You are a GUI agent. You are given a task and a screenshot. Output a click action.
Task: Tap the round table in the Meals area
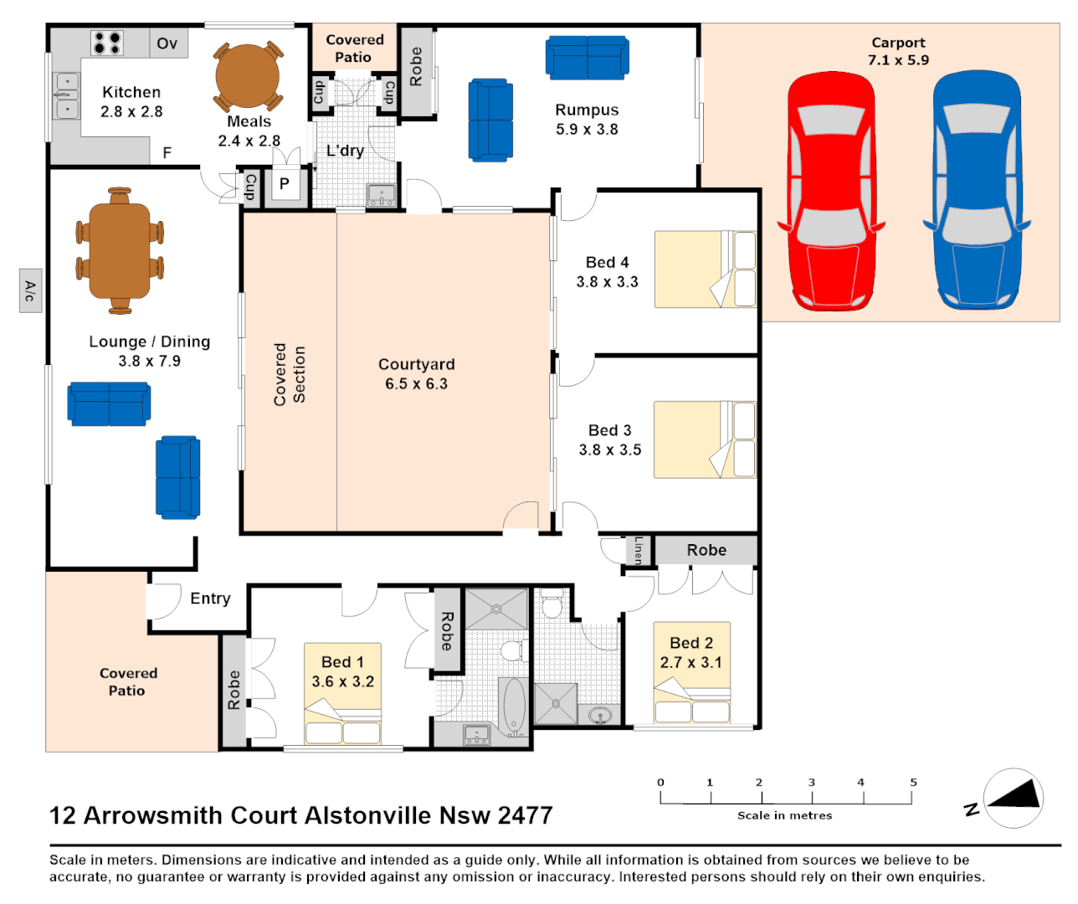pos(248,75)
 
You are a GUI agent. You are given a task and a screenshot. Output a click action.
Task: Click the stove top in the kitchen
pos(107,43)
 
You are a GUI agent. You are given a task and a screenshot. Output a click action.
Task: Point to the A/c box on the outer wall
pos(30,291)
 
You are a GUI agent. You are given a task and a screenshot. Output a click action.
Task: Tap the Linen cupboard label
pos(639,550)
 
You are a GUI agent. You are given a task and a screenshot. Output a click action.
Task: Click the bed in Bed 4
pos(705,270)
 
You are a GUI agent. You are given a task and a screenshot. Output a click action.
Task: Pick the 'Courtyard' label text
pos(416,364)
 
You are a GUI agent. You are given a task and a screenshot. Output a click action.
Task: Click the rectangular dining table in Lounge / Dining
pos(120,250)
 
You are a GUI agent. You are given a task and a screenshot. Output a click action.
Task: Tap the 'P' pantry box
pos(285,184)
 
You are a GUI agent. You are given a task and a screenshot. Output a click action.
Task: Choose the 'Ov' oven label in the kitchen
pos(167,44)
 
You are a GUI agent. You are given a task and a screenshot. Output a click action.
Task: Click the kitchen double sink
pos(67,95)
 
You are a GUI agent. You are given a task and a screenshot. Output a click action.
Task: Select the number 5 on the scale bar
pos(913,783)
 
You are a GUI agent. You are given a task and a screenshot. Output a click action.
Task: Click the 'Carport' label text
pos(898,43)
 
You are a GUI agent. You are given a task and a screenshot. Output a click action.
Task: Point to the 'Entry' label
pos(210,598)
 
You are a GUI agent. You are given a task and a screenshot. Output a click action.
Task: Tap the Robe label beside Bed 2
pos(706,550)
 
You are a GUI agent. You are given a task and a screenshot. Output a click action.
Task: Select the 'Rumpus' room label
pos(587,110)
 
